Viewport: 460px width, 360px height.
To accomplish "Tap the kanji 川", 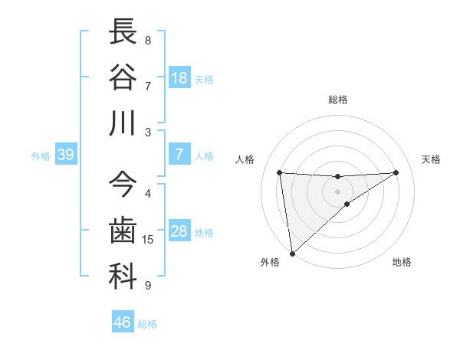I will click(x=123, y=123).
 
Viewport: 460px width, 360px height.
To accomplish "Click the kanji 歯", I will click(x=123, y=231).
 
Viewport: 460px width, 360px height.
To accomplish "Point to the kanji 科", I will click(x=123, y=277).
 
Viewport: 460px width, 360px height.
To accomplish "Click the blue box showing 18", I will click(x=179, y=78).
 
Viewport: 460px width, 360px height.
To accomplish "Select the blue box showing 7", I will click(x=179, y=155).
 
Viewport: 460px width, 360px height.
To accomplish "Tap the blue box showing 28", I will click(x=179, y=232).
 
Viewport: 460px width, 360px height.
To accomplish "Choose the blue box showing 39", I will click(x=65, y=155).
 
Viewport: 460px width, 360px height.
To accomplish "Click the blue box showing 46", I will click(x=123, y=322).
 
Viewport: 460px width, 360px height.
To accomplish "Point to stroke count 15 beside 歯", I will click(x=148, y=240).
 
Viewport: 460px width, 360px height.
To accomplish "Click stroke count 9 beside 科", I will click(x=148, y=286).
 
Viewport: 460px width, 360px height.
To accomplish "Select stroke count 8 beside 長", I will click(x=148, y=40).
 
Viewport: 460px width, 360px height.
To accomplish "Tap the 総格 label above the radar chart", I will click(x=338, y=100).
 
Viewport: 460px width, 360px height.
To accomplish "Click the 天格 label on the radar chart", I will click(x=432, y=159).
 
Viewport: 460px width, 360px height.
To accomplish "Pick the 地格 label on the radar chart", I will click(x=402, y=262).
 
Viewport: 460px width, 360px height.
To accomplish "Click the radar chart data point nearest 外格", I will click(x=292, y=254).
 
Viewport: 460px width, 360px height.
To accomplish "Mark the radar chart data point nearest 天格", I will click(x=396, y=172).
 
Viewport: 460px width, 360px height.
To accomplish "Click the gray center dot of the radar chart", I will click(x=338, y=191).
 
